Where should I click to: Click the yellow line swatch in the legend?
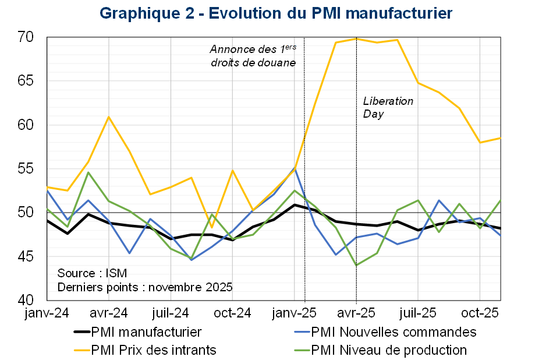(x=82, y=350)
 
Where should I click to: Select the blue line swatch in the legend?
(x=302, y=332)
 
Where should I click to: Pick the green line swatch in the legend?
(x=302, y=350)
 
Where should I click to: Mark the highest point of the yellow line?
(x=356, y=39)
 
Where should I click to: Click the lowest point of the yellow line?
(x=212, y=228)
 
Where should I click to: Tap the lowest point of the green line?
(x=356, y=265)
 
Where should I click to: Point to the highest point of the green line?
(x=88, y=172)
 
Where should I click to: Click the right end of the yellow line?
(x=501, y=138)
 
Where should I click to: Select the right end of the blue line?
(x=501, y=235)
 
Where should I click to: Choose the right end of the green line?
(x=501, y=200)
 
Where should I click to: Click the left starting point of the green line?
(x=47, y=209)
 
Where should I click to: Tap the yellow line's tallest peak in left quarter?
(x=109, y=117)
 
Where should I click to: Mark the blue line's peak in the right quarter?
(x=439, y=200)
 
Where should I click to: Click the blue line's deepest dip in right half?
(x=336, y=255)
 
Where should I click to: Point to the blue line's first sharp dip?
(x=129, y=253)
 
